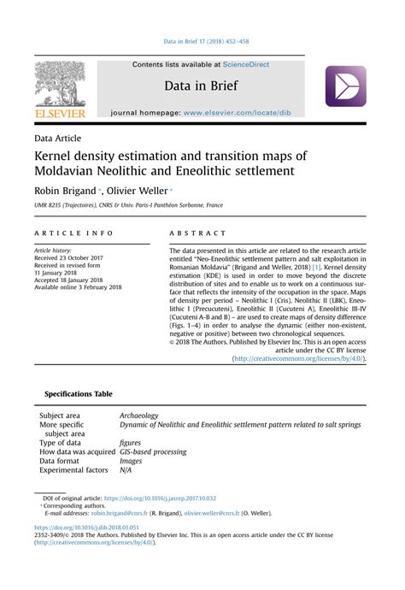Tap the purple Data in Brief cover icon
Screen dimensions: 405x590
344,86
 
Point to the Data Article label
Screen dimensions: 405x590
58,138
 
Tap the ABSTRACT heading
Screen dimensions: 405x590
198,233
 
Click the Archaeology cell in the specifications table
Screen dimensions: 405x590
139,416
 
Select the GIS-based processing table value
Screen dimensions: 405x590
153,451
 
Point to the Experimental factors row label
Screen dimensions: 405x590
73,470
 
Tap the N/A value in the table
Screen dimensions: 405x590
126,470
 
